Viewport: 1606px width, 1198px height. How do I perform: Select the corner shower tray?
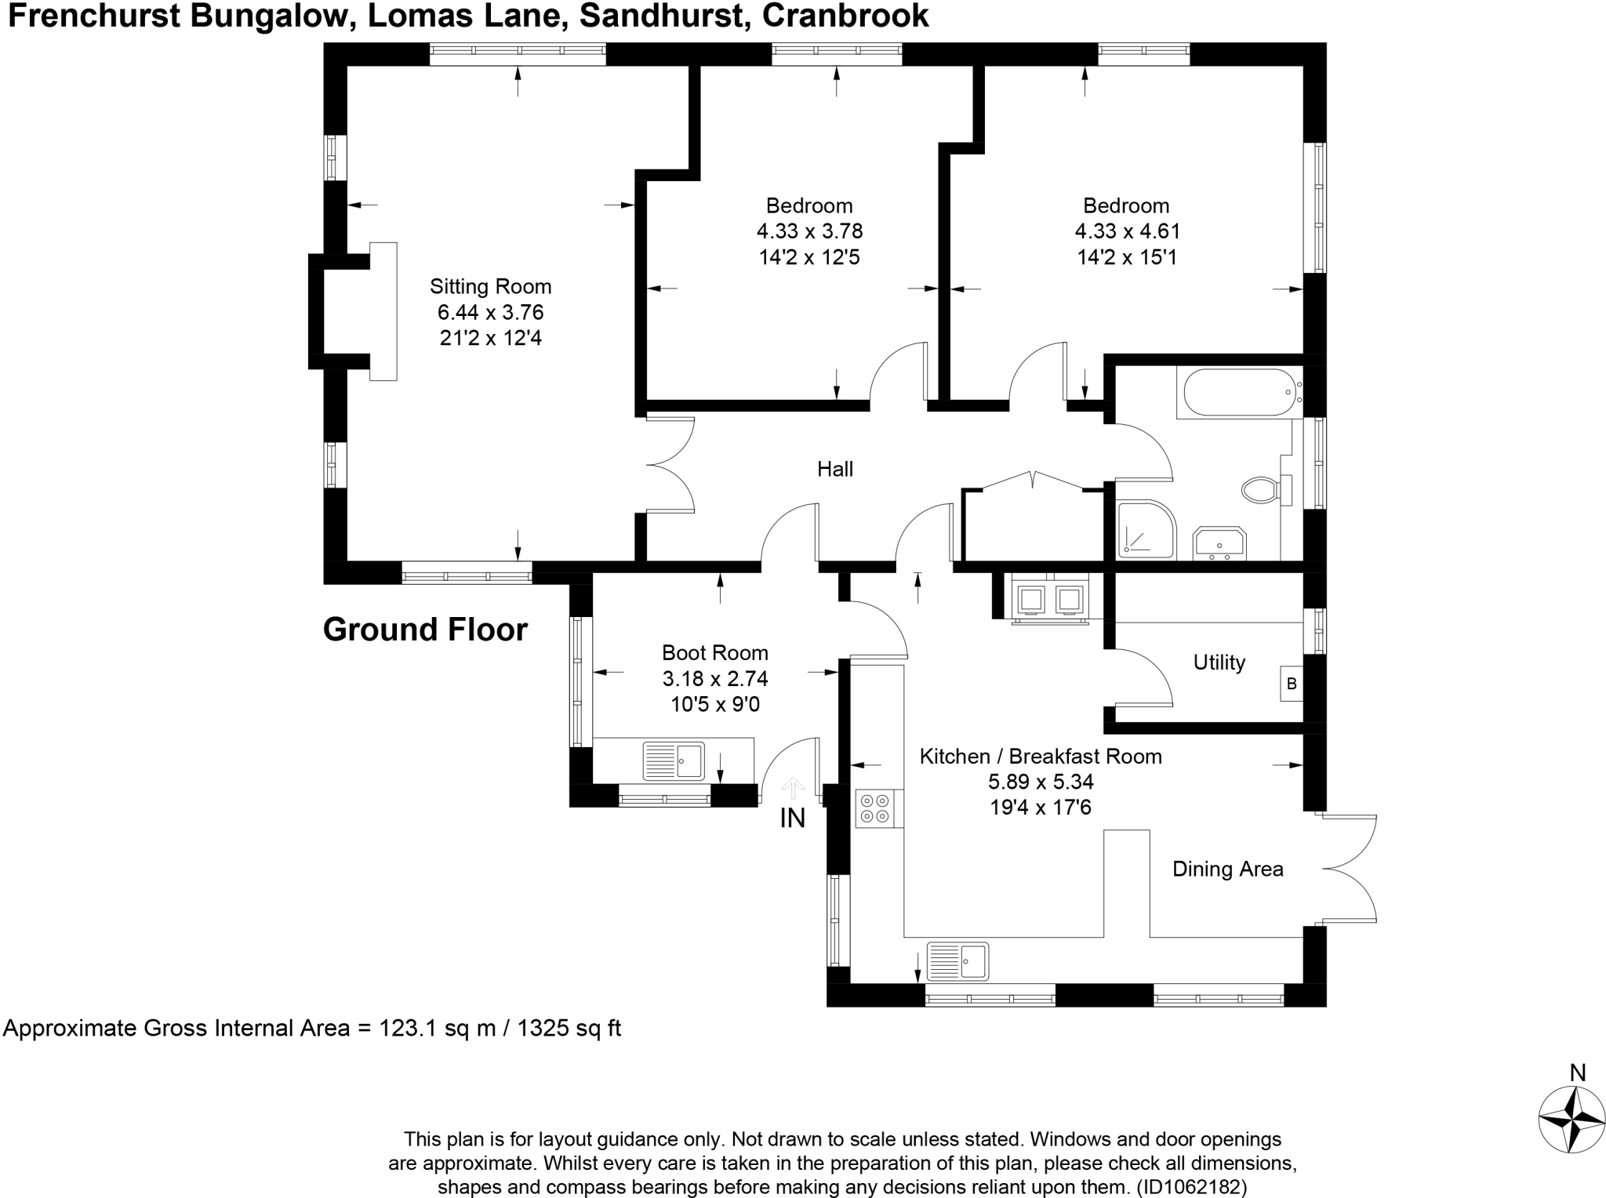point(1146,530)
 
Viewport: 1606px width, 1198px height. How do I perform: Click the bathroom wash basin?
point(1219,543)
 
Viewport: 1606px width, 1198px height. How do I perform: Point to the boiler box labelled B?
point(1292,684)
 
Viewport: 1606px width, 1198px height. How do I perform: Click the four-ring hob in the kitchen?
point(874,808)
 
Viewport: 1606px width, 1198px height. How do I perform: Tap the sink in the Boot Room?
point(674,761)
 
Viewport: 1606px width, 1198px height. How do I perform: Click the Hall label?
point(834,469)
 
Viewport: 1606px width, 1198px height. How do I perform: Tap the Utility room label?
point(1219,663)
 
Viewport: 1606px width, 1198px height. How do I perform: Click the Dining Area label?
point(1227,869)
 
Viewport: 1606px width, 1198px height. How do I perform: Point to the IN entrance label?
point(792,819)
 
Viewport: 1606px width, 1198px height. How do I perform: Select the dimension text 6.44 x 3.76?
point(490,312)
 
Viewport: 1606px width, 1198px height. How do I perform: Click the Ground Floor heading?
point(425,630)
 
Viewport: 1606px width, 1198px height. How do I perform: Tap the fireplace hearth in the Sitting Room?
point(383,311)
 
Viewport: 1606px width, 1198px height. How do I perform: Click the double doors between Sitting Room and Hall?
point(670,466)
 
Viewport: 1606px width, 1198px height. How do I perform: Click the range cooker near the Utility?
point(1050,600)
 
